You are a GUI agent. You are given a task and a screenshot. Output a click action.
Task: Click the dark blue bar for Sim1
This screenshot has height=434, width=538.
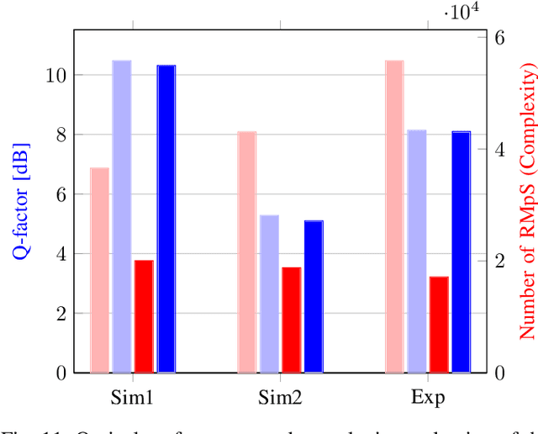[x=166, y=219]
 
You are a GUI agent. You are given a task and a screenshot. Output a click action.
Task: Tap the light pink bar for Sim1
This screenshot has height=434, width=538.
[x=100, y=270]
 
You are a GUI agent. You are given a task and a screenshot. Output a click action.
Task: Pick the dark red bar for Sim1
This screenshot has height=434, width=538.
[x=144, y=316]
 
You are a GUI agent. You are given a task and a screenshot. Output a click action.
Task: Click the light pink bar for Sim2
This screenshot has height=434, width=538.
[x=246, y=251]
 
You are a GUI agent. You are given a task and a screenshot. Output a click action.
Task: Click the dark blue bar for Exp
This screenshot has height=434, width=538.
[x=461, y=251]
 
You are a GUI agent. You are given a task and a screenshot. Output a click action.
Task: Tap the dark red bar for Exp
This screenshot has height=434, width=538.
[x=439, y=324]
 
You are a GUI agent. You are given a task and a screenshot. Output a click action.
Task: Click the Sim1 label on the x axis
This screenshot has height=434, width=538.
[x=133, y=397]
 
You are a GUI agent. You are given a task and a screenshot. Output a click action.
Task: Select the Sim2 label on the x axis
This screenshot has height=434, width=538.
[x=280, y=397]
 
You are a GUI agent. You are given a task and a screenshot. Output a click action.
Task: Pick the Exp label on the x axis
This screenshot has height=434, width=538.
[x=427, y=399]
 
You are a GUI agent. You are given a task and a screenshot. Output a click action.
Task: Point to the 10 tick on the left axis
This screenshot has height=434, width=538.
[x=56, y=75]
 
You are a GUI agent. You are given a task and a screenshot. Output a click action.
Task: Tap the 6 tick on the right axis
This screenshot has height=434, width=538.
[x=498, y=38]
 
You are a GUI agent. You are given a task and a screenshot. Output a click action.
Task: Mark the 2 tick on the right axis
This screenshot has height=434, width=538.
[x=498, y=261]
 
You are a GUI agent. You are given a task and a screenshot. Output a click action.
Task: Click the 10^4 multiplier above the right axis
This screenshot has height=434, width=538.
[x=462, y=11]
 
